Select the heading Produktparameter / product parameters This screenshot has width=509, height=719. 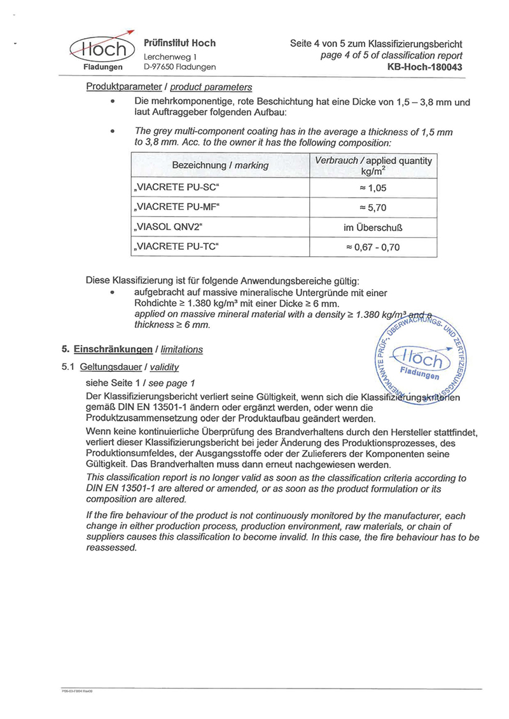pos(169,87)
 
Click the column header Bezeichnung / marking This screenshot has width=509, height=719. pos(220,165)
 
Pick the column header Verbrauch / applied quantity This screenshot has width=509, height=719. pos(373,165)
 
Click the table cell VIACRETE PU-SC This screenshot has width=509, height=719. pos(180,188)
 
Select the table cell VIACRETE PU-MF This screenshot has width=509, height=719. pos(180,207)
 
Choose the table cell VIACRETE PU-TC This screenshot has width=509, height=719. pos(180,247)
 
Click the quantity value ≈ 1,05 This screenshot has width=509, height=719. pos(373,188)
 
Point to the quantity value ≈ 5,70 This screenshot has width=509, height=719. pos(373,207)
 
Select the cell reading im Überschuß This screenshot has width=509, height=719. pos(373,227)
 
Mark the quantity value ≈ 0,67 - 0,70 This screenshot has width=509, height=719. pos(373,247)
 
